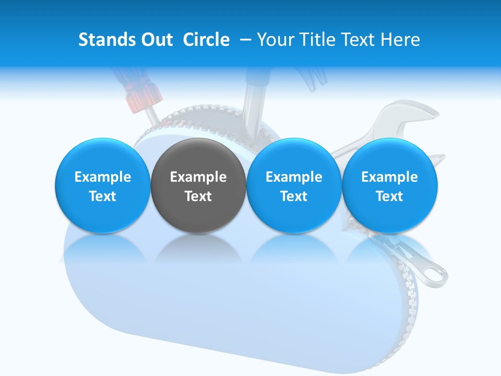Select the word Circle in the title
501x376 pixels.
pos(206,40)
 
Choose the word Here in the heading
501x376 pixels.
pos(401,40)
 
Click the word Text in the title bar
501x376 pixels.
pos(359,40)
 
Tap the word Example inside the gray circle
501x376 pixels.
pos(198,177)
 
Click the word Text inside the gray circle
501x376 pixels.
pos(198,196)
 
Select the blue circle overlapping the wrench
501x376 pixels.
pos(390,185)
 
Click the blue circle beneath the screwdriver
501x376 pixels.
pos(102,185)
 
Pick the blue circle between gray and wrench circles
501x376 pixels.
pos(294,185)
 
